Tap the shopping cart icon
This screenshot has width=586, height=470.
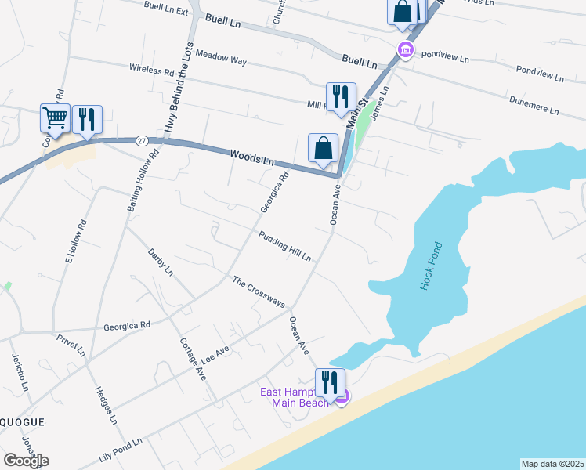pyautogui.click(x=56, y=118)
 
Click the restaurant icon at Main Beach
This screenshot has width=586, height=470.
pyautogui.click(x=330, y=383)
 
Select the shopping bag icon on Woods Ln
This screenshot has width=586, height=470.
pyautogui.click(x=323, y=147)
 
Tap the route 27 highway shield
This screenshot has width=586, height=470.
pyautogui.click(x=141, y=141)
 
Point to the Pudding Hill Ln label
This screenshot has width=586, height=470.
pyautogui.click(x=284, y=246)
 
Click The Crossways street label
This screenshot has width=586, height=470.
pyautogui.click(x=259, y=291)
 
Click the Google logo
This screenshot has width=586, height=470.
pyautogui.click(x=26, y=461)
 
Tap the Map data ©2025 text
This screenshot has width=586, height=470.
pyautogui.click(x=552, y=464)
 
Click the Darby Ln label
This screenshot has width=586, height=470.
pyautogui.click(x=160, y=262)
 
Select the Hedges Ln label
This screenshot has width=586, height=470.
pyautogui.click(x=105, y=405)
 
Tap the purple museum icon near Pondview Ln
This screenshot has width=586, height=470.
pyautogui.click(x=405, y=52)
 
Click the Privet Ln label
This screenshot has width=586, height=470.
pyautogui.click(x=71, y=346)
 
